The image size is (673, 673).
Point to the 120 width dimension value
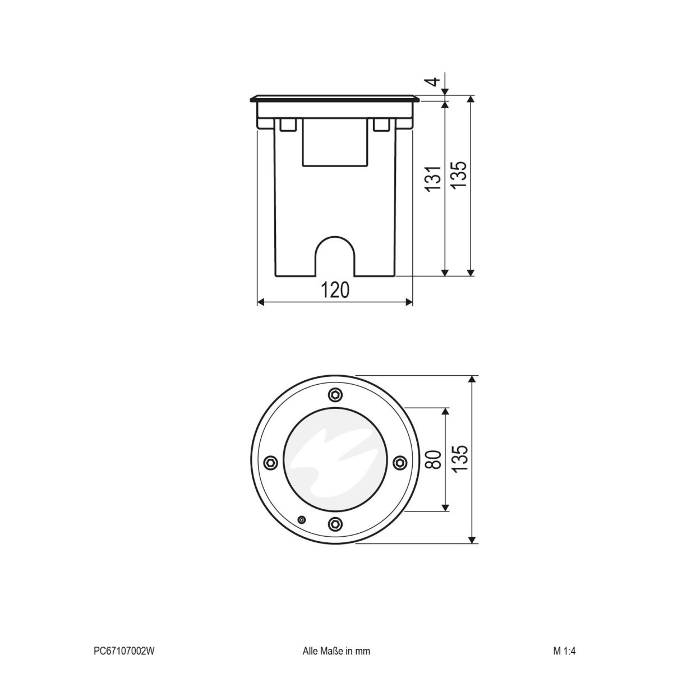click(x=335, y=290)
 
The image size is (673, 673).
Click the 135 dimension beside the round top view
click(x=459, y=459)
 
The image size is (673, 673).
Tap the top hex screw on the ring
click(x=335, y=394)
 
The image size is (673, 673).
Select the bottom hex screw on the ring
click(x=335, y=524)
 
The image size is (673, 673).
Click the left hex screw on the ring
click(x=270, y=462)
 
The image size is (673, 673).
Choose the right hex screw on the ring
click(x=399, y=462)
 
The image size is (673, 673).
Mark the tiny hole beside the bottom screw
click(x=302, y=520)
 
